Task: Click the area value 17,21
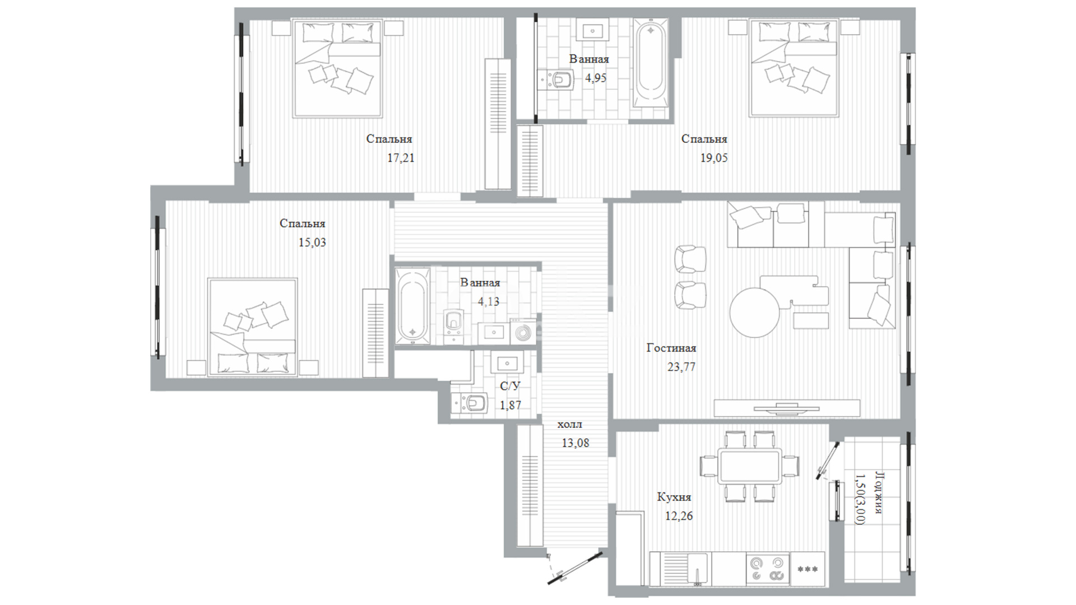click(x=401, y=159)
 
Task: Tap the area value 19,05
click(x=714, y=159)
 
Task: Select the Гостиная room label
click(x=671, y=348)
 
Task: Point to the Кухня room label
click(x=674, y=497)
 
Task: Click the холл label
click(x=570, y=424)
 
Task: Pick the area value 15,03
click(x=312, y=243)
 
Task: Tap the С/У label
click(x=510, y=386)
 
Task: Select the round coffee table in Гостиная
click(x=754, y=313)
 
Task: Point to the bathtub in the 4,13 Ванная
click(x=412, y=306)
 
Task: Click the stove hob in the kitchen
click(x=768, y=569)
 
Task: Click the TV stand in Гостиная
click(x=787, y=408)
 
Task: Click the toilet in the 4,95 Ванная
click(x=556, y=80)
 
